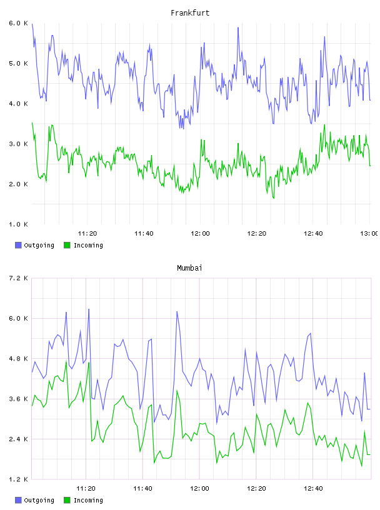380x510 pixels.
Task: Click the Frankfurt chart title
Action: (190, 13)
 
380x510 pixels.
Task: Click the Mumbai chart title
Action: (189, 268)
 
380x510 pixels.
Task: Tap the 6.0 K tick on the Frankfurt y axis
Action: (18, 23)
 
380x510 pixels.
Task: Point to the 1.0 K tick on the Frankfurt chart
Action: (18, 224)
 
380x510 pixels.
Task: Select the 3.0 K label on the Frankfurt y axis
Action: (18, 144)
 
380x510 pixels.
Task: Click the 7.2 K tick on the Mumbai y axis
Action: (18, 278)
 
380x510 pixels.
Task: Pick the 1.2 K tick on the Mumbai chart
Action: (18, 479)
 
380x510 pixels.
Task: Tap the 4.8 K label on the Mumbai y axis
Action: (18, 359)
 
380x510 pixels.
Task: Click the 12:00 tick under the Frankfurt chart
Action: (200, 234)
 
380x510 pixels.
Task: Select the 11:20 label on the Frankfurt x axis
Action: (87, 234)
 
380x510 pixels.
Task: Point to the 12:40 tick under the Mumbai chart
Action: (313, 489)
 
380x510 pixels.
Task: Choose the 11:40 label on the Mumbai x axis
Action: (142, 489)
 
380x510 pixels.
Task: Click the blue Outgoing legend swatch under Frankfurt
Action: (18, 245)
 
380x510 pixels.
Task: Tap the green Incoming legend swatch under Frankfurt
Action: (67, 245)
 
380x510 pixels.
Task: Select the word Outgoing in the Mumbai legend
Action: (39, 500)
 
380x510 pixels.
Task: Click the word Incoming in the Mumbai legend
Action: (88, 500)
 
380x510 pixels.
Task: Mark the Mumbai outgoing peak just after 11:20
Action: (89, 309)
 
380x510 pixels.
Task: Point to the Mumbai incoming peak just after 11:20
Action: (89, 362)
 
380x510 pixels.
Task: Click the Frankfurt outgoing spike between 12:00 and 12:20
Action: (238, 27)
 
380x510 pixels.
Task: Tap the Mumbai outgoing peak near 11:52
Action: (177, 312)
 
